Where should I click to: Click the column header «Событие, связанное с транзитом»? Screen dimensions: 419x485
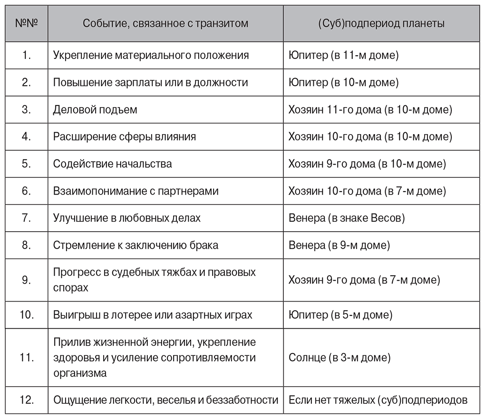tap(165, 23)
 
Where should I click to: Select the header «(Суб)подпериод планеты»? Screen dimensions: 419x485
tap(381, 23)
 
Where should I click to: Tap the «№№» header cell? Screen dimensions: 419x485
tap(27, 23)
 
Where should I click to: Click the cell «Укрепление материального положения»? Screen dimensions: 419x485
tap(151, 55)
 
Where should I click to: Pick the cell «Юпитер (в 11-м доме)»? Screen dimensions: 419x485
tap(343, 55)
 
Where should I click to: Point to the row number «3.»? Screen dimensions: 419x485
tap(27, 109)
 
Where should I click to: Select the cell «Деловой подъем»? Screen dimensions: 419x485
tap(95, 109)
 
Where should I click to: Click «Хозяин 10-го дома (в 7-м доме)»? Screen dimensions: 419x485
tap(367, 191)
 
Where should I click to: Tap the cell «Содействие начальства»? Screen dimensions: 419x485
tap(113, 164)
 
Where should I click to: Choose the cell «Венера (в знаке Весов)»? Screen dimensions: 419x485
tap(347, 218)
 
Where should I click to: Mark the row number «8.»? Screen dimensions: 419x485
tap(27, 245)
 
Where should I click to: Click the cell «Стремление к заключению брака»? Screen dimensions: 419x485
tap(136, 245)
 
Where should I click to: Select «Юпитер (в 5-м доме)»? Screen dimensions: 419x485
tap(340, 315)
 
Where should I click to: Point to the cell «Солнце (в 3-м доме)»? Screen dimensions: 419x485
tap(339, 357)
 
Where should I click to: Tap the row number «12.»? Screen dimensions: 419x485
tap(27, 400)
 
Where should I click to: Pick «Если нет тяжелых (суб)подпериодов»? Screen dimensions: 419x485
tap(378, 400)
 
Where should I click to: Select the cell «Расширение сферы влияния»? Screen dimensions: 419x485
tap(125, 137)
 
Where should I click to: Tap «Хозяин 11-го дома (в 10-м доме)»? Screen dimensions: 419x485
tap(370, 109)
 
